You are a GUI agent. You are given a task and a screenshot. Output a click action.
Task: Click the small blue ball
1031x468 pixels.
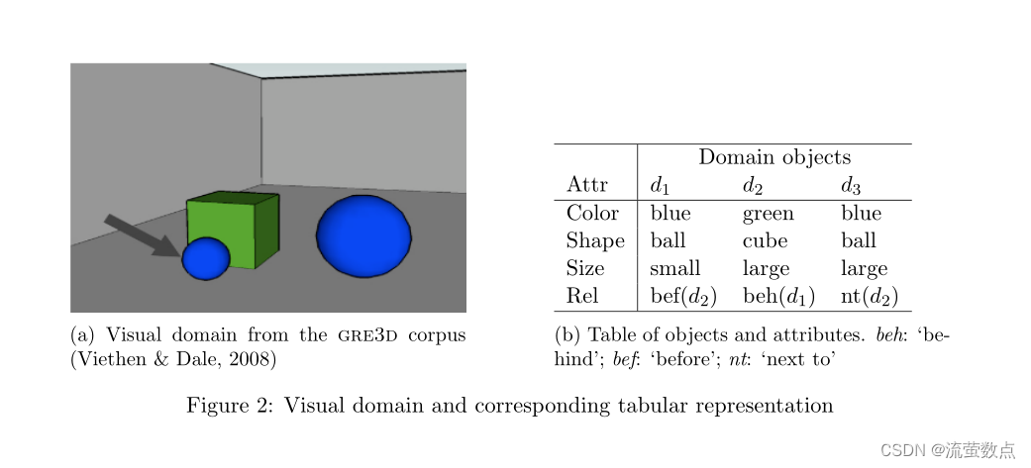(x=206, y=258)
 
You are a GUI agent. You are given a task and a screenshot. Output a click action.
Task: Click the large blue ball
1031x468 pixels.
(x=363, y=235)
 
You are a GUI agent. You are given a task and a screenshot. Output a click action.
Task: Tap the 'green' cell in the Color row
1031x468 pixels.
(x=768, y=213)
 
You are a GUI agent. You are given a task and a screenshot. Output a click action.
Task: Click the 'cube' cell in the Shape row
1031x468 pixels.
(x=765, y=240)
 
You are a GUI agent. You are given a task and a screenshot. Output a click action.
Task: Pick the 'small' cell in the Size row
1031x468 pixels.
(x=674, y=268)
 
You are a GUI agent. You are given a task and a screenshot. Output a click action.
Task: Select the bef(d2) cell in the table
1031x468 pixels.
(x=682, y=296)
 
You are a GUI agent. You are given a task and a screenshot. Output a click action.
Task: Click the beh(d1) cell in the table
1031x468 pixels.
(x=777, y=296)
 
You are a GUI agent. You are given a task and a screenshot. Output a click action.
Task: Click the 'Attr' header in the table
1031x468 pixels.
(x=586, y=185)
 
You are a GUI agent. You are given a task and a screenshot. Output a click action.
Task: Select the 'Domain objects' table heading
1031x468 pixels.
(x=774, y=157)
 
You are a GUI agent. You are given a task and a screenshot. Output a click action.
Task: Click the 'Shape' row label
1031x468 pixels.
(x=595, y=240)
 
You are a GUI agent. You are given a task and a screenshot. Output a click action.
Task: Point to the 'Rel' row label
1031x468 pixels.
(x=582, y=296)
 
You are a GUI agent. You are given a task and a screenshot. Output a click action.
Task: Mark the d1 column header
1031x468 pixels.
(x=661, y=185)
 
